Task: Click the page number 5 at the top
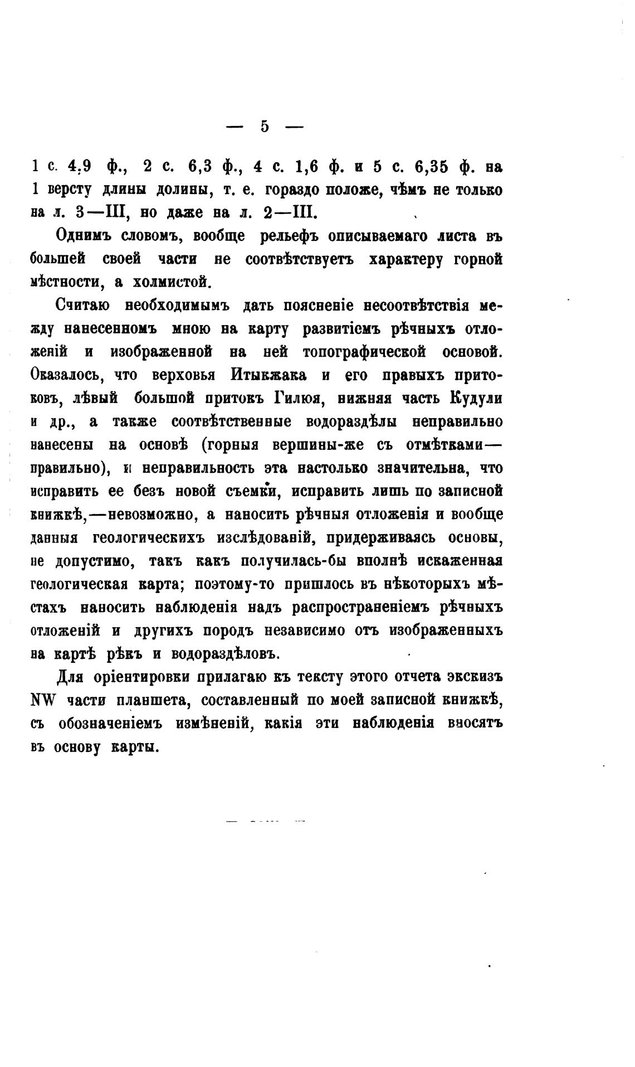point(264,127)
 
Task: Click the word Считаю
point(83,306)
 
